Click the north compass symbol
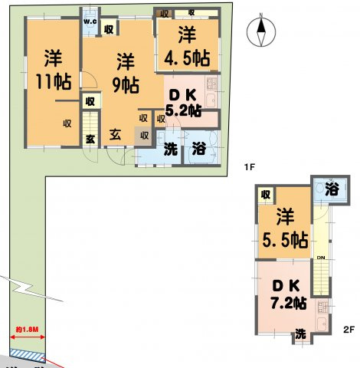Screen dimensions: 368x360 point(262,33)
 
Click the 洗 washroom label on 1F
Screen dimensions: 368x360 point(172,149)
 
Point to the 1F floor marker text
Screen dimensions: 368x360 point(249,166)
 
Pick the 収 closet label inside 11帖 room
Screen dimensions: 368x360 point(67,122)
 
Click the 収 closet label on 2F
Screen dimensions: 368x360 point(265,195)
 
